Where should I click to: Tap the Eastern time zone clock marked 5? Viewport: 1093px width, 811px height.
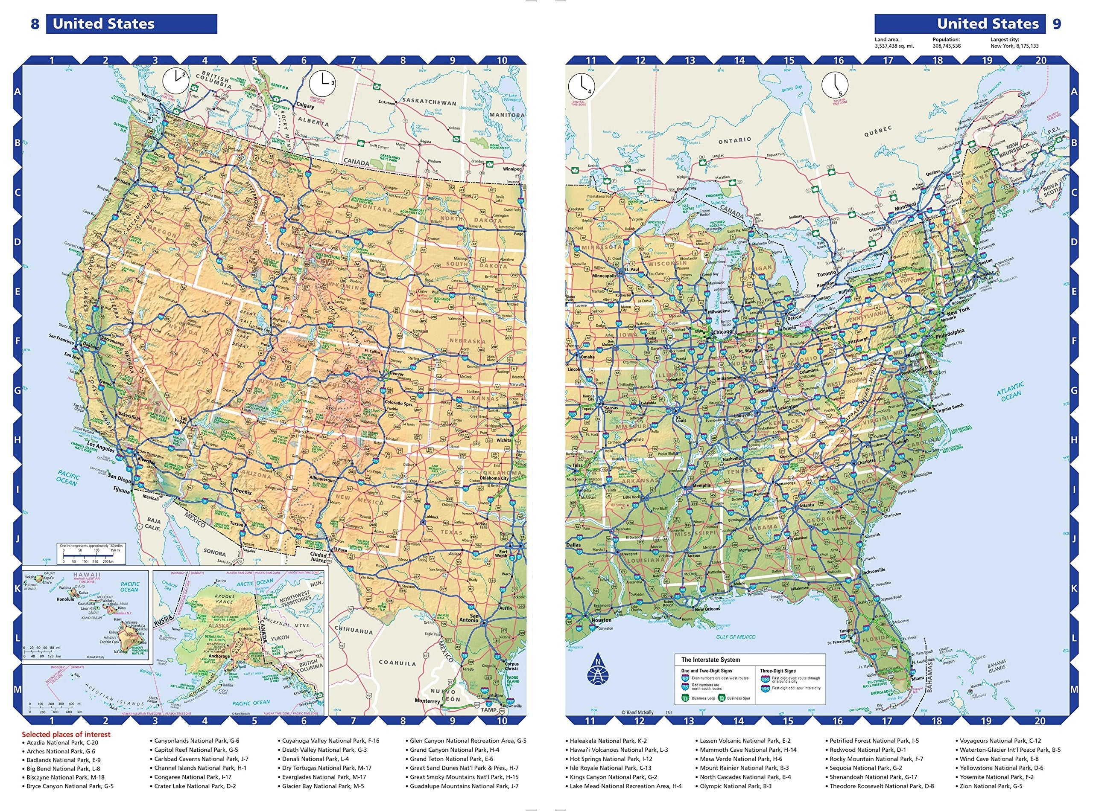click(835, 84)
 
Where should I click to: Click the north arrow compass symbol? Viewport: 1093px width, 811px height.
click(597, 671)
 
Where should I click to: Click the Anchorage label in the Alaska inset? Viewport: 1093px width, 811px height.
click(219, 656)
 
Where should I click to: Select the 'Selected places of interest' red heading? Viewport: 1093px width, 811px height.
click(66, 734)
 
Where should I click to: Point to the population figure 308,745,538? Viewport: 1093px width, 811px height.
click(946, 46)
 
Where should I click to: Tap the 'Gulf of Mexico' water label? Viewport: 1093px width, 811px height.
click(735, 637)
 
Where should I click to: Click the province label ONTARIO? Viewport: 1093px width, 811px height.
click(735, 140)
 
